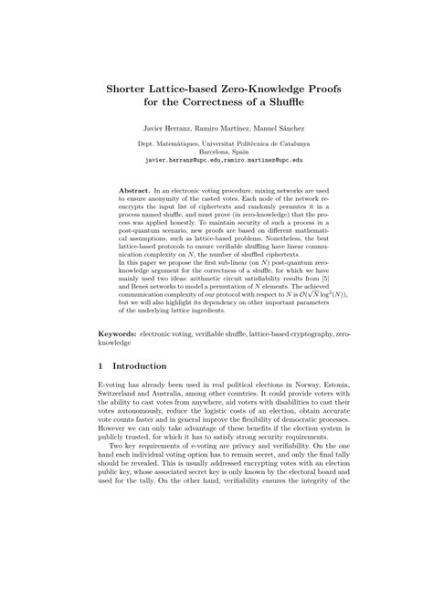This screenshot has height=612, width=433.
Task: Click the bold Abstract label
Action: pos(133,190)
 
